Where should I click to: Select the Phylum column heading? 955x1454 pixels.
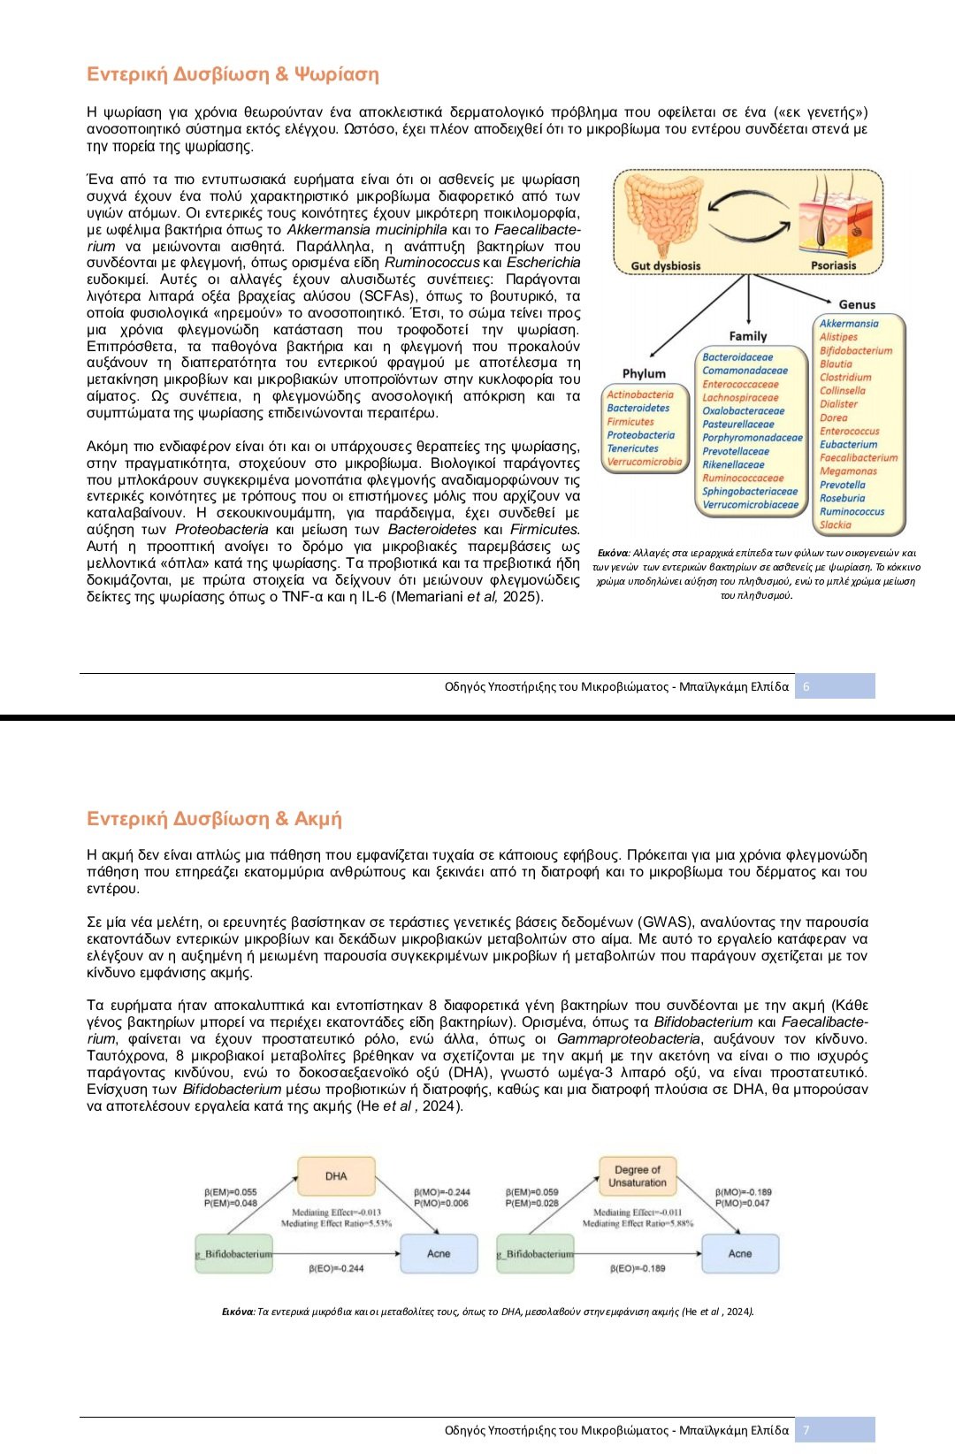pyautogui.click(x=644, y=373)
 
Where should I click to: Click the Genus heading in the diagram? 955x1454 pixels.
pyautogui.click(x=857, y=304)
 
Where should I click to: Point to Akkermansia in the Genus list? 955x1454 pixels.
pyautogui.click(x=849, y=324)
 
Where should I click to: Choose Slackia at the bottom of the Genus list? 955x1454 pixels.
pyautogui.click(x=836, y=524)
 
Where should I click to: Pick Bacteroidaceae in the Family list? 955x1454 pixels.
pyautogui.click(x=737, y=357)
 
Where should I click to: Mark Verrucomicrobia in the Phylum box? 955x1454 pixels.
pyautogui.click(x=645, y=462)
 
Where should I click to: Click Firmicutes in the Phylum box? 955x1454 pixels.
pyautogui.click(x=630, y=422)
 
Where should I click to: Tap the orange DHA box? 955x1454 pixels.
pyautogui.click(x=336, y=1176)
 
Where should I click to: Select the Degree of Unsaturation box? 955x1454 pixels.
pyautogui.click(x=638, y=1176)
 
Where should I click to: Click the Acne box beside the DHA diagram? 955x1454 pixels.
pyautogui.click(x=439, y=1253)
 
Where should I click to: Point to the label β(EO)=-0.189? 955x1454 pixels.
pyautogui.click(x=638, y=1268)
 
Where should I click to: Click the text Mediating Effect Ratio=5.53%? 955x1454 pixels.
pyautogui.click(x=336, y=1224)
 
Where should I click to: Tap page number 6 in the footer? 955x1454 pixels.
pyautogui.click(x=806, y=686)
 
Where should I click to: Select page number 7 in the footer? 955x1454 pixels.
pyautogui.click(x=806, y=1430)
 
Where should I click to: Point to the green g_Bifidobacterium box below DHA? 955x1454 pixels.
pyautogui.click(x=234, y=1253)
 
